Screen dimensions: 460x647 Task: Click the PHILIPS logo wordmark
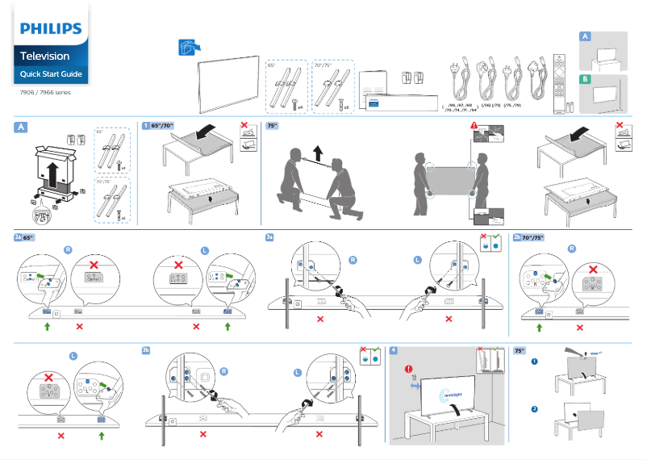[x=51, y=30]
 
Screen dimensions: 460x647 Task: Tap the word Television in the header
[x=45, y=56]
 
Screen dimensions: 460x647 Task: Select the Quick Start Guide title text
[x=51, y=75]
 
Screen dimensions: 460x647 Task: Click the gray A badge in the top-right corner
[x=586, y=37]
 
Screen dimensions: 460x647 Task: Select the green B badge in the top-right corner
[x=586, y=79]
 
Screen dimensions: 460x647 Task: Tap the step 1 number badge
[x=145, y=126]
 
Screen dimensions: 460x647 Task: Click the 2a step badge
[x=19, y=238]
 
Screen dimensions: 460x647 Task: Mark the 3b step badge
[x=146, y=350]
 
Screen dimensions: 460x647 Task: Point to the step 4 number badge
[x=393, y=350]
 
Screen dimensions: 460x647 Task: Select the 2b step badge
[x=517, y=238]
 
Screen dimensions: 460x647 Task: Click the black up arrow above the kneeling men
[x=317, y=152]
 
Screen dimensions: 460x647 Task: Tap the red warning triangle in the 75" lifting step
[x=474, y=127]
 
